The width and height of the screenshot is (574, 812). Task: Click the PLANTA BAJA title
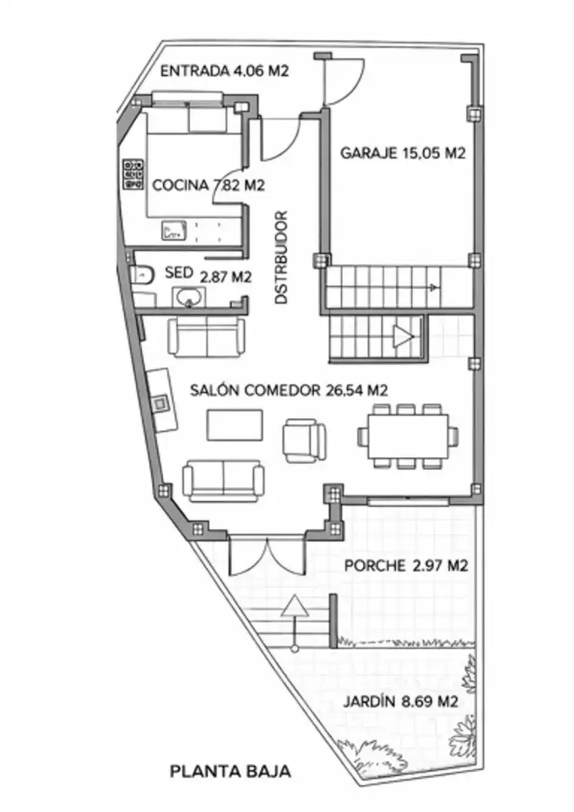click(230, 771)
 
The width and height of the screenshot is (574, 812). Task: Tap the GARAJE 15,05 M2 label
click(403, 153)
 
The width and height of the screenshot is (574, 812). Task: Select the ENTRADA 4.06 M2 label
click(224, 71)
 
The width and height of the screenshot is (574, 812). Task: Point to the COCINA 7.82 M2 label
click(209, 185)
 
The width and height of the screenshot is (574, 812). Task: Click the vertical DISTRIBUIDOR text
click(281, 257)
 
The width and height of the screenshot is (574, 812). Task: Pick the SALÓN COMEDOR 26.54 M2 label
click(289, 390)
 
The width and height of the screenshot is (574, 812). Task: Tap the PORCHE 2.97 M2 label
click(406, 565)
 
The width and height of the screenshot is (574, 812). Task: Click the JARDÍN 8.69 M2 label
click(400, 701)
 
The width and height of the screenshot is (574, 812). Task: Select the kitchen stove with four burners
click(133, 174)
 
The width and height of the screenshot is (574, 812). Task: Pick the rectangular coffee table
click(234, 425)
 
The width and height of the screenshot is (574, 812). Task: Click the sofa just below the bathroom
click(207, 337)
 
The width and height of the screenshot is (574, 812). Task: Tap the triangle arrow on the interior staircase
click(403, 337)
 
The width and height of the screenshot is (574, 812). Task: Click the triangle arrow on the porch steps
click(295, 606)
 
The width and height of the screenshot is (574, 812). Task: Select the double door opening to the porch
click(267, 556)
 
